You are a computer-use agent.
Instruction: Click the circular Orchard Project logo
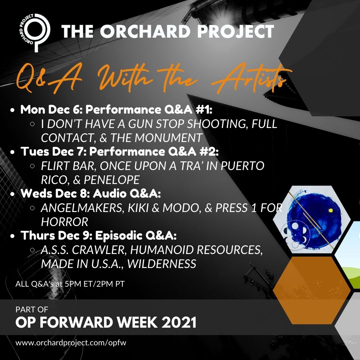pos(34,33)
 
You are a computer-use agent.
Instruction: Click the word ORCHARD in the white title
pos(145,31)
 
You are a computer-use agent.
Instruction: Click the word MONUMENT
pos(168,138)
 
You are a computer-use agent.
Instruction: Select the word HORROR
pos(65,222)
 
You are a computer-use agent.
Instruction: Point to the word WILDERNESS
pos(162,264)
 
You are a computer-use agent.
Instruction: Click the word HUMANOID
pos(162,250)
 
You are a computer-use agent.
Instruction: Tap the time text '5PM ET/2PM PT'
pos(94,284)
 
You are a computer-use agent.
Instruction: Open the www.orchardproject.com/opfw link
pos(71,343)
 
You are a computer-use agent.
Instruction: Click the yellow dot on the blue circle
pos(331,210)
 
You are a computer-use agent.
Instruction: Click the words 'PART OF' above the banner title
pos(32,309)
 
